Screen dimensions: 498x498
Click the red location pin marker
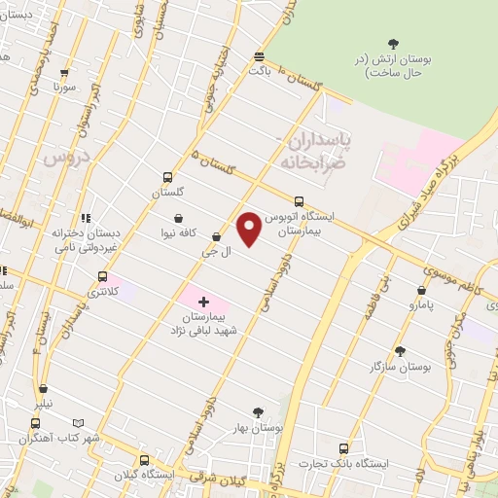(x=249, y=229)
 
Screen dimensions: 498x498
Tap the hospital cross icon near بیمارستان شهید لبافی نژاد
(x=203, y=302)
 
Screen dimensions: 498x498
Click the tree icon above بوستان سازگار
(x=400, y=351)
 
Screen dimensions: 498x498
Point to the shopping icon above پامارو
(x=421, y=290)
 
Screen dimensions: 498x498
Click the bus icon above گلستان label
(x=168, y=178)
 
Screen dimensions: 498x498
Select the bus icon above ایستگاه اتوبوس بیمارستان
(x=299, y=202)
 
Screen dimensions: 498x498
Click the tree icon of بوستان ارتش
(x=393, y=44)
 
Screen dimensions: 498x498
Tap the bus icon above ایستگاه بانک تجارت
(x=343, y=448)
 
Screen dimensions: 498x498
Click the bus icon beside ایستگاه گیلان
(x=144, y=461)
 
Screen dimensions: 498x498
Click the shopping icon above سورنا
(x=65, y=73)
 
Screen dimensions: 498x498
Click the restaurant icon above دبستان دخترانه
(x=86, y=219)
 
